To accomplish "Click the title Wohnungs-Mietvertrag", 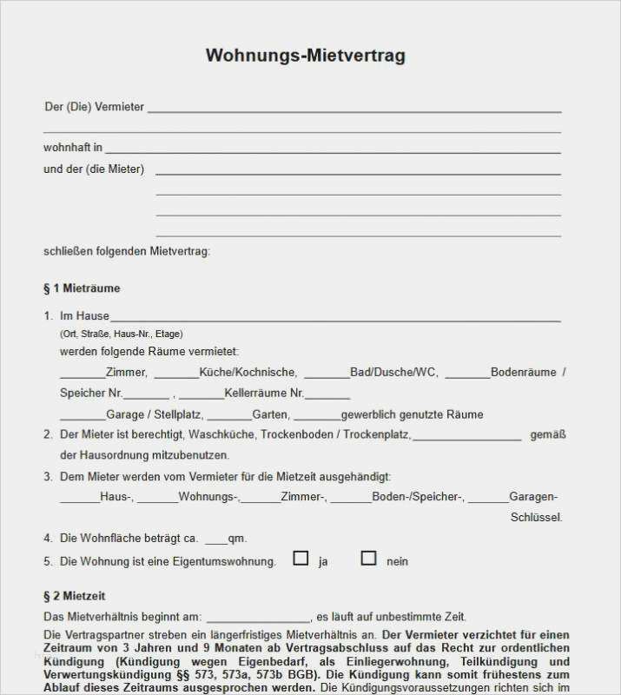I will pos(305,56).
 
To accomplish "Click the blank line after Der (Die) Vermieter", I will pos(353,110).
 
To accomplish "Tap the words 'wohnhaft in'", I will pos(73,148).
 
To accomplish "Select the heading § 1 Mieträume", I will pos(82,288).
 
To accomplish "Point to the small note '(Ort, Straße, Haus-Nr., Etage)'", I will pos(121,334).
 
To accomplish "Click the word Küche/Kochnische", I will pos(248,373).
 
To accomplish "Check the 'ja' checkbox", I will pos(301,559).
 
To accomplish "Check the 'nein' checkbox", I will pos(369,559).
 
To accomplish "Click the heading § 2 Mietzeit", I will pos(74,596).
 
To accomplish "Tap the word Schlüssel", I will pos(536,517).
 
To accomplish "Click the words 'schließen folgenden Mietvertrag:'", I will pos(127,252).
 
